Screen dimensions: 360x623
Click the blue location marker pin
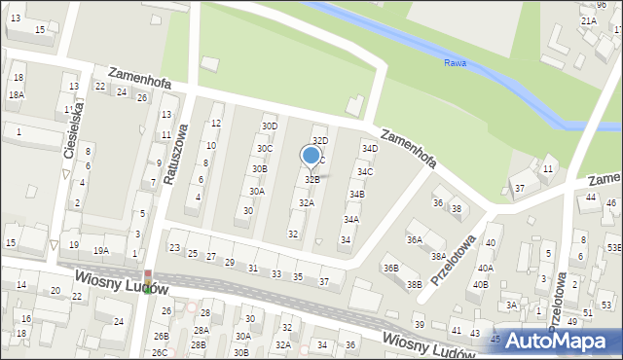(x=311, y=156)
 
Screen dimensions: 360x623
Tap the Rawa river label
(x=455, y=63)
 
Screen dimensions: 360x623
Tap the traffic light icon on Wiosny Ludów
(x=148, y=282)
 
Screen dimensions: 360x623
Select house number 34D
(x=369, y=148)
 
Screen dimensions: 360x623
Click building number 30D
(x=270, y=126)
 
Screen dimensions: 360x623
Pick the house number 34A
(x=350, y=220)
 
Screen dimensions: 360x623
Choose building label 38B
(x=414, y=284)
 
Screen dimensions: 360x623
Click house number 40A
(x=485, y=268)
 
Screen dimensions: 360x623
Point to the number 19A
(x=100, y=250)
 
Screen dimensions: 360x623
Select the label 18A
(x=16, y=94)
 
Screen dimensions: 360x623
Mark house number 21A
(x=588, y=20)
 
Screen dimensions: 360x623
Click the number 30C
(x=264, y=148)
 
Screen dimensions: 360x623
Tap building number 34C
(x=364, y=172)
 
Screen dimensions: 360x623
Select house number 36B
(x=390, y=268)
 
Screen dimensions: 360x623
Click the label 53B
(x=614, y=248)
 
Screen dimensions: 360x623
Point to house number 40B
(x=480, y=284)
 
